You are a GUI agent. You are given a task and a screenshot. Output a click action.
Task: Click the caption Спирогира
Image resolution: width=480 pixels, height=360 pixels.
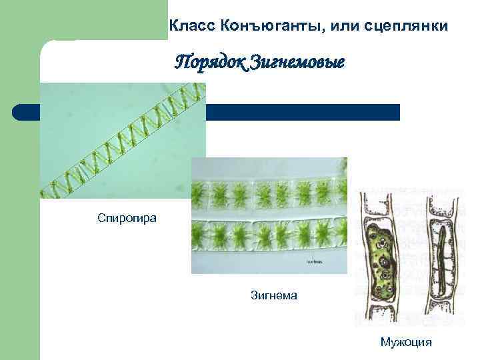tap(127, 218)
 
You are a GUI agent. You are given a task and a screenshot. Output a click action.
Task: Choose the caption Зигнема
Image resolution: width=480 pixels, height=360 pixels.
tap(273, 293)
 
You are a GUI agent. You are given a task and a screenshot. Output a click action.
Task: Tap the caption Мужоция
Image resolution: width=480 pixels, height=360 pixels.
tap(406, 342)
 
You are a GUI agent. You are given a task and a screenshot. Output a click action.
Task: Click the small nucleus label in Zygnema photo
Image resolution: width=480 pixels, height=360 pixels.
tap(315, 261)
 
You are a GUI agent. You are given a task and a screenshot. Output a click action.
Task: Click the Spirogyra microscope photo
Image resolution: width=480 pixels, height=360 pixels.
tap(123, 140)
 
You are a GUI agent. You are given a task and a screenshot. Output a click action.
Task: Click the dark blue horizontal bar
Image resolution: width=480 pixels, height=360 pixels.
tap(300, 112)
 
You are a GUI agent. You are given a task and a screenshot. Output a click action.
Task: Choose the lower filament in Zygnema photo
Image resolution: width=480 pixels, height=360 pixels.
tap(269, 235)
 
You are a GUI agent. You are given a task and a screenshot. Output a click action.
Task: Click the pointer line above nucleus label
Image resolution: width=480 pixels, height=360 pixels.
tap(314, 250)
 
